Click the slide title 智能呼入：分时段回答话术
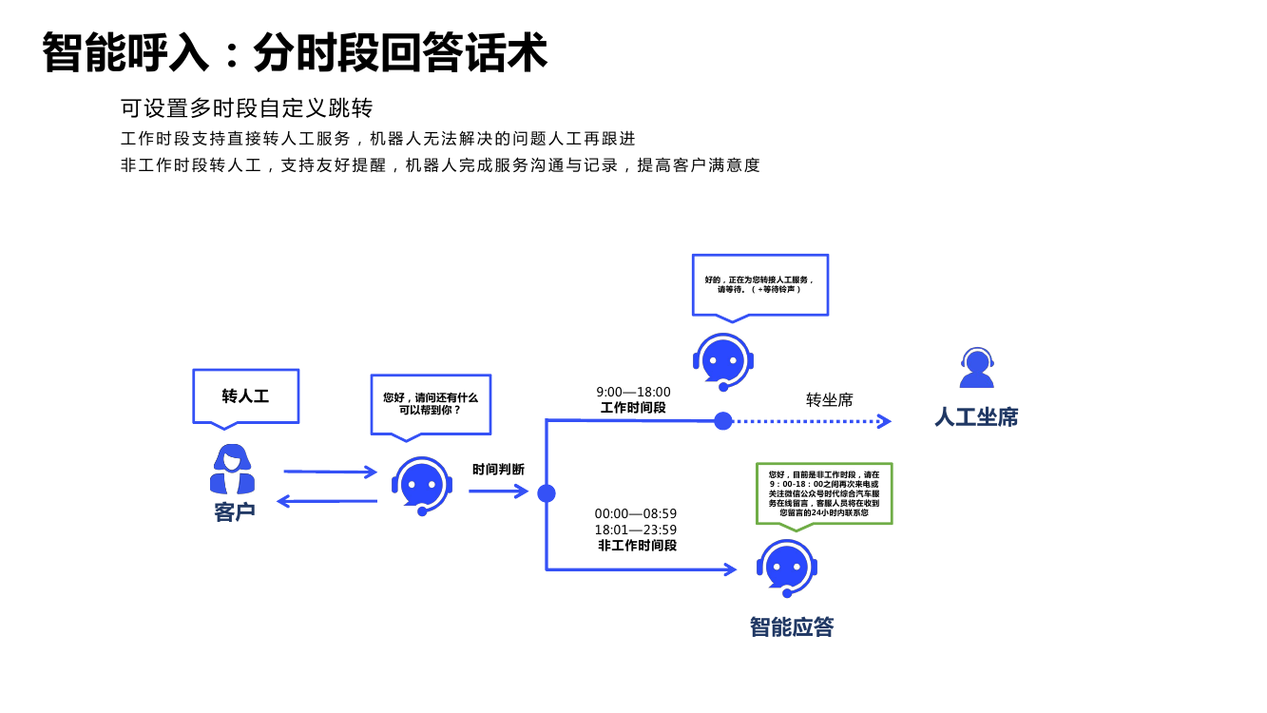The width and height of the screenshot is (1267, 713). pos(295,52)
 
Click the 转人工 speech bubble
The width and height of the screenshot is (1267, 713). pos(245,396)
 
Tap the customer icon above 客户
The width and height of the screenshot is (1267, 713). pos(232,470)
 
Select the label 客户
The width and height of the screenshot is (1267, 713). pos(235,512)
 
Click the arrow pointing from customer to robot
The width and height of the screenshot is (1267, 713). pos(330,472)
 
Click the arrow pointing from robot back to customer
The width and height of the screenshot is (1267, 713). pos(326,501)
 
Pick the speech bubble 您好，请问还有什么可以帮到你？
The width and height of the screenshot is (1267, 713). pos(431,404)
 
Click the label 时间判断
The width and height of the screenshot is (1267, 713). pos(498,470)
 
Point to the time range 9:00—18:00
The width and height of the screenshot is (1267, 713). pos(633,392)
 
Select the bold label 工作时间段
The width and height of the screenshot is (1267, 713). pos(633,408)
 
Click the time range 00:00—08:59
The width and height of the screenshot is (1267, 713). pos(636,513)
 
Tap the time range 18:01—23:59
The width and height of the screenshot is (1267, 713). pos(636,530)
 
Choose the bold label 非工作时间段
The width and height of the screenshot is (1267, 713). pos(637,546)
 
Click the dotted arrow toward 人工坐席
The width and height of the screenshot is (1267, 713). pos(813,421)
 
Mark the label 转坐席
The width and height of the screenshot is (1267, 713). pos(830,399)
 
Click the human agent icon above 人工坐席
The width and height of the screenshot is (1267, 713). pos(976,368)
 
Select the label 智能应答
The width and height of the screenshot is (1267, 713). pos(792,627)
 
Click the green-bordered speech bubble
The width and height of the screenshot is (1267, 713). pos(824,492)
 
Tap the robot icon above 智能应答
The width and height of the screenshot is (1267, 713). pos(787,567)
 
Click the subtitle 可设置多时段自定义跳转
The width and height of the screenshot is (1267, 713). pos(246,107)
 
